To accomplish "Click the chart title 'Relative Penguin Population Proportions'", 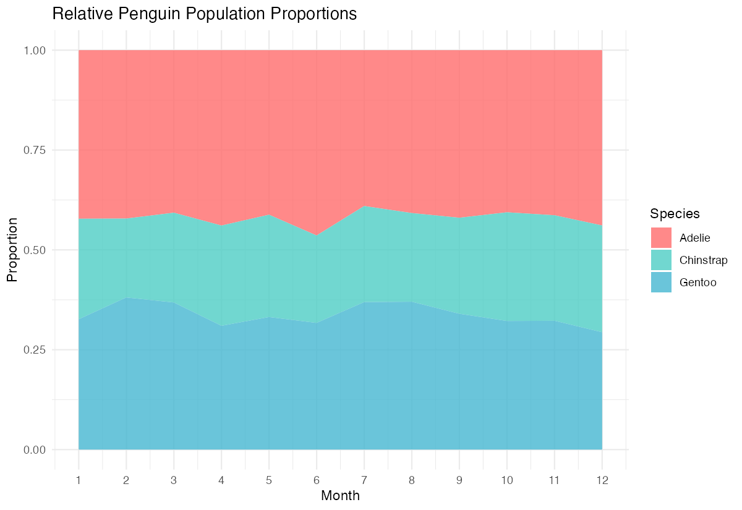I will [205, 14].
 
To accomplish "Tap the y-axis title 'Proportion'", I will [12, 250].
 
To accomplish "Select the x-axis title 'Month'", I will [340, 495].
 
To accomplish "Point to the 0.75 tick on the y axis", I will [35, 150].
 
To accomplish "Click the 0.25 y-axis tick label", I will [35, 350].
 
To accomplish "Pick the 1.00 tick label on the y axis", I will [35, 50].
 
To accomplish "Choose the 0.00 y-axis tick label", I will [35, 449].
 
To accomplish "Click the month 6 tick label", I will [317, 479].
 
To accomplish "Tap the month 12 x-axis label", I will [602, 479].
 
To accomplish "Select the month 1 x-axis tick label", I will [79, 479].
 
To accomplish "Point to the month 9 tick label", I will [459, 479].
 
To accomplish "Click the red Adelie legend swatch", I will [661, 237].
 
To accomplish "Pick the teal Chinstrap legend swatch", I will [661, 260].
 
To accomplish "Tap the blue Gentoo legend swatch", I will [661, 282].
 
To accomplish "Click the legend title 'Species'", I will [675, 214].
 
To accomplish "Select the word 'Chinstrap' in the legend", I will [703, 260].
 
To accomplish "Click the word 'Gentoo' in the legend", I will [697, 283].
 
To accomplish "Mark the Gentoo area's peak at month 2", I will [126, 298].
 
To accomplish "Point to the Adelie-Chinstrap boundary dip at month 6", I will [317, 236].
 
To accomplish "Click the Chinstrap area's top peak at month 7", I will [364, 206].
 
